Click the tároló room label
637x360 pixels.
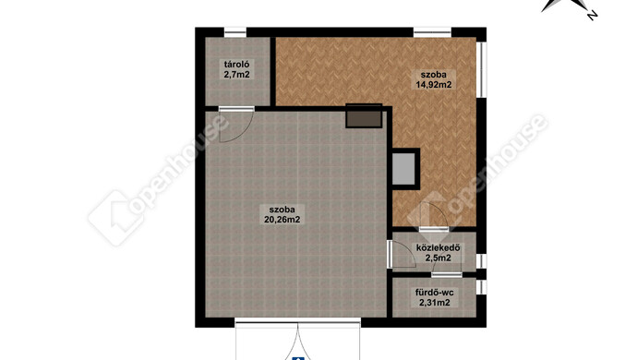click(236, 65)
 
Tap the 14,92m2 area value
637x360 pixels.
click(434, 85)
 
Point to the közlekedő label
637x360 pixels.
click(438, 248)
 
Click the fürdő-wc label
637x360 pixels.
click(434, 293)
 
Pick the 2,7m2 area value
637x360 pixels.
click(236, 75)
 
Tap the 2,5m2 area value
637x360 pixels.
click(438, 258)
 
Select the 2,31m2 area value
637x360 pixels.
click(434, 302)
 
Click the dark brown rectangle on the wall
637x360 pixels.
click(364, 116)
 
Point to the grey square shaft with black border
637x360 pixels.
click(404, 169)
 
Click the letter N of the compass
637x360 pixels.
click(593, 16)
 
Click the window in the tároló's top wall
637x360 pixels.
click(235, 32)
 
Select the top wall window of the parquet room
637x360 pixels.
click(433, 32)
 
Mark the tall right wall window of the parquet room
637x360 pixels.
click(481, 69)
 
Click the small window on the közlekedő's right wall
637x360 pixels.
click(481, 261)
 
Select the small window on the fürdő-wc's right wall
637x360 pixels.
click(481, 287)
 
